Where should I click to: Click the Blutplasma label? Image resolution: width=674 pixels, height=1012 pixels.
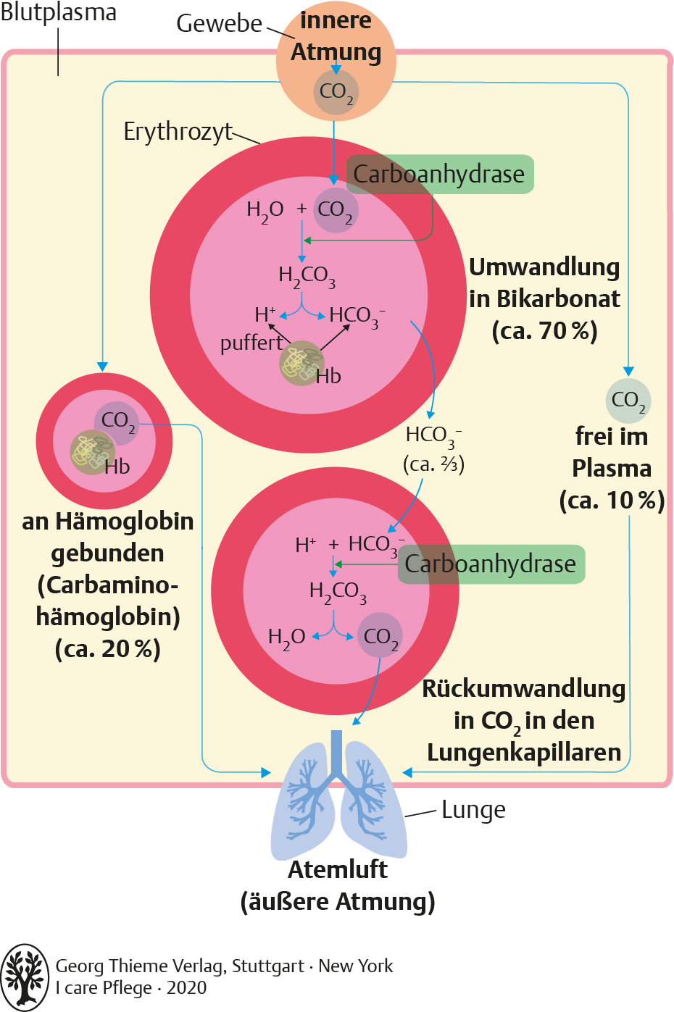tap(59, 12)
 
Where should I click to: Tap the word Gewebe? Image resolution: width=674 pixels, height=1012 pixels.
tap(219, 23)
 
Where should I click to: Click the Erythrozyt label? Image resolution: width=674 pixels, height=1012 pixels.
tap(178, 133)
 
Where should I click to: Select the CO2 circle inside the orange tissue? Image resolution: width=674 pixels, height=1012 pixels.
tap(336, 92)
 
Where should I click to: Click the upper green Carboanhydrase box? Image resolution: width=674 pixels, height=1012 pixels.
tap(440, 175)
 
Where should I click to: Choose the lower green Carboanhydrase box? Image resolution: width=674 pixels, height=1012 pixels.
tap(491, 564)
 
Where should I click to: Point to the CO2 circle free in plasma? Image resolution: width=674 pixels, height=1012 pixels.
tap(628, 401)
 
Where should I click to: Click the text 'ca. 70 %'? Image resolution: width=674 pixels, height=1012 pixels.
tap(545, 331)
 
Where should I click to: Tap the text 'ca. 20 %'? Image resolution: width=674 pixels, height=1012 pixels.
tap(107, 649)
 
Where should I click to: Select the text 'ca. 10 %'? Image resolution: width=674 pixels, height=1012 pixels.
tap(612, 501)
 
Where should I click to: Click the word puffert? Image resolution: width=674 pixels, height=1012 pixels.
tap(251, 343)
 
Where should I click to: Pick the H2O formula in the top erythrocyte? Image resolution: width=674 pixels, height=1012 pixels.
tap(265, 211)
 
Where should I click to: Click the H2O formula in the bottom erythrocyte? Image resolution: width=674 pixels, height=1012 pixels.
tap(286, 638)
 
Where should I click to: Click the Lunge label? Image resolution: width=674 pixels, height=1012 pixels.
tap(473, 810)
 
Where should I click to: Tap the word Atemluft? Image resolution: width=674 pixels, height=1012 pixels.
tap(338, 869)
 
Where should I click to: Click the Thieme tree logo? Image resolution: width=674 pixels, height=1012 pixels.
tap(25, 977)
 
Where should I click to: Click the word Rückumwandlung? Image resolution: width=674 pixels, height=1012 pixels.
tap(524, 690)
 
